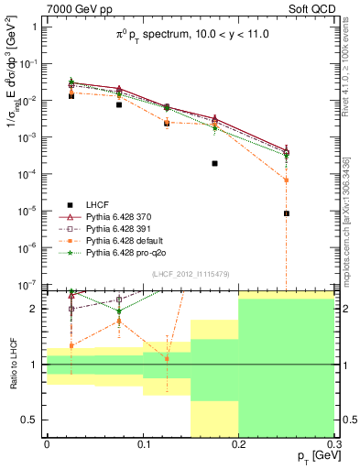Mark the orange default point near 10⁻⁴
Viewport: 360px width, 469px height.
click(287, 180)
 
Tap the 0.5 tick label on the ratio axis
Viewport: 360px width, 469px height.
click(31, 420)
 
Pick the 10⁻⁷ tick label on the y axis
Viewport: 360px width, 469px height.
click(29, 285)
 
